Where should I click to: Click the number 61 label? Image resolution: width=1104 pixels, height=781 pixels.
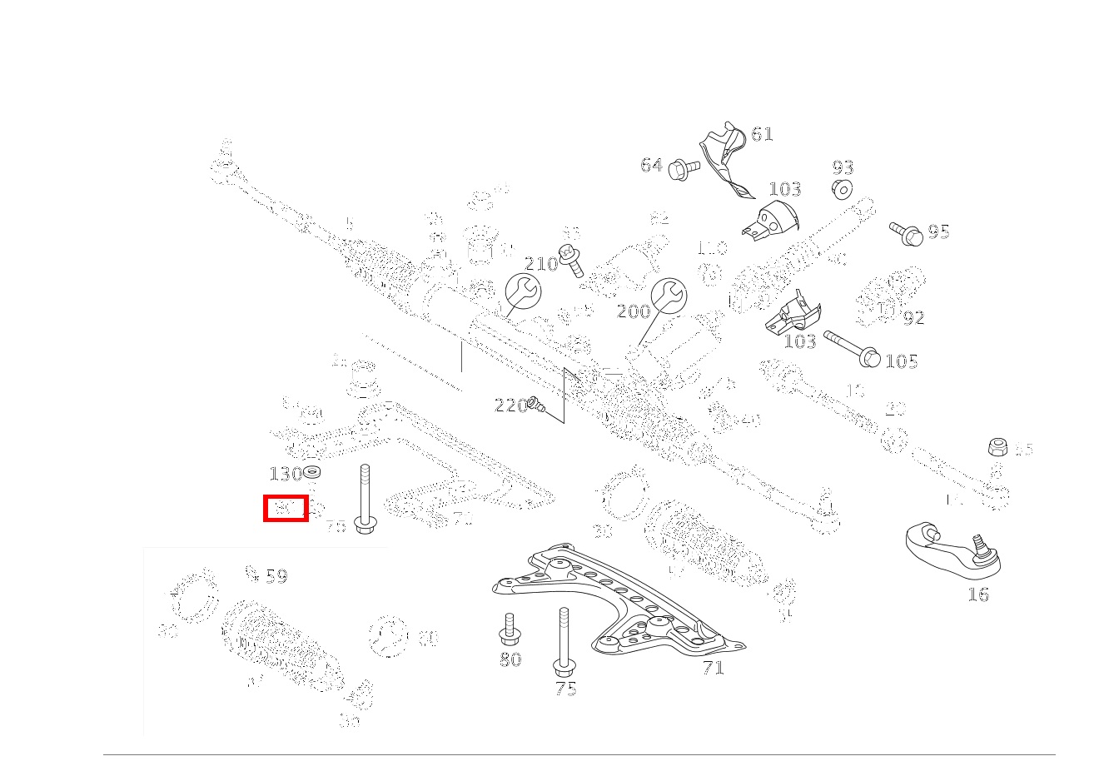pos(762,134)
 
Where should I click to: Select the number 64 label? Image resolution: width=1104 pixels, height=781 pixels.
pos(651,166)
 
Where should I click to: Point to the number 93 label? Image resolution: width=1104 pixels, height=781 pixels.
pos(843,168)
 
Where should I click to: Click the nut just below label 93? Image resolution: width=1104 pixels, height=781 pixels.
pos(842,190)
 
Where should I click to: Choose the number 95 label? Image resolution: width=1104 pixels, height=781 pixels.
pos(938,232)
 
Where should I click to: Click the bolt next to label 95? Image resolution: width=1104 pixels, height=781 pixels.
pos(905,232)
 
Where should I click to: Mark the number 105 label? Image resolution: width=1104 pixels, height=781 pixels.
pos(901,361)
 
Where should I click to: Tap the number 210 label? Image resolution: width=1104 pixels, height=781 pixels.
pos(540,264)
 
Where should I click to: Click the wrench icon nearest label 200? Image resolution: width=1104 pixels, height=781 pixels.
pos(668,296)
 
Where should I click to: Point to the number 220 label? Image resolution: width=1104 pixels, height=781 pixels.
pos(510,405)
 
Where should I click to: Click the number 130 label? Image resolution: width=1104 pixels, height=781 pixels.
pos(285,475)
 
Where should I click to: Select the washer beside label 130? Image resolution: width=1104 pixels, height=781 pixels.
pos(313,473)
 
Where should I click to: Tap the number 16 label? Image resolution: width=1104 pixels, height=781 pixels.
pos(978,594)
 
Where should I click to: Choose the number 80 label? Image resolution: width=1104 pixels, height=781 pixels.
pos(510,659)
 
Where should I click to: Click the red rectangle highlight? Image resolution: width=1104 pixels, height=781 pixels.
pos(286,508)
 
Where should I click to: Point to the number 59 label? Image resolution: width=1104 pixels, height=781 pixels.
pos(276,576)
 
